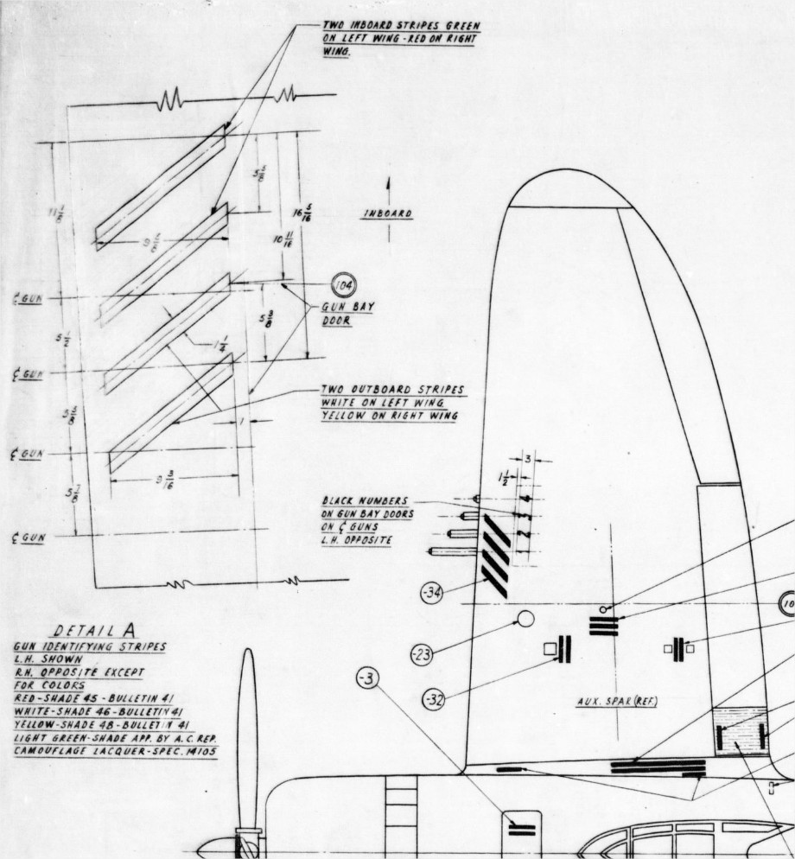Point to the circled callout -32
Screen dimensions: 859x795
(x=436, y=698)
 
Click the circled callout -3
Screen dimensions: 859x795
(x=367, y=680)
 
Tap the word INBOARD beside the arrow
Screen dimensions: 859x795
(x=387, y=214)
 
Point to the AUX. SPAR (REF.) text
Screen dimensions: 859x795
(x=617, y=702)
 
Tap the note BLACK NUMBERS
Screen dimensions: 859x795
(x=366, y=500)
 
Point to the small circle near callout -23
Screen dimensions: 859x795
(x=525, y=619)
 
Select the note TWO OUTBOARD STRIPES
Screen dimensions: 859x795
(x=391, y=390)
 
